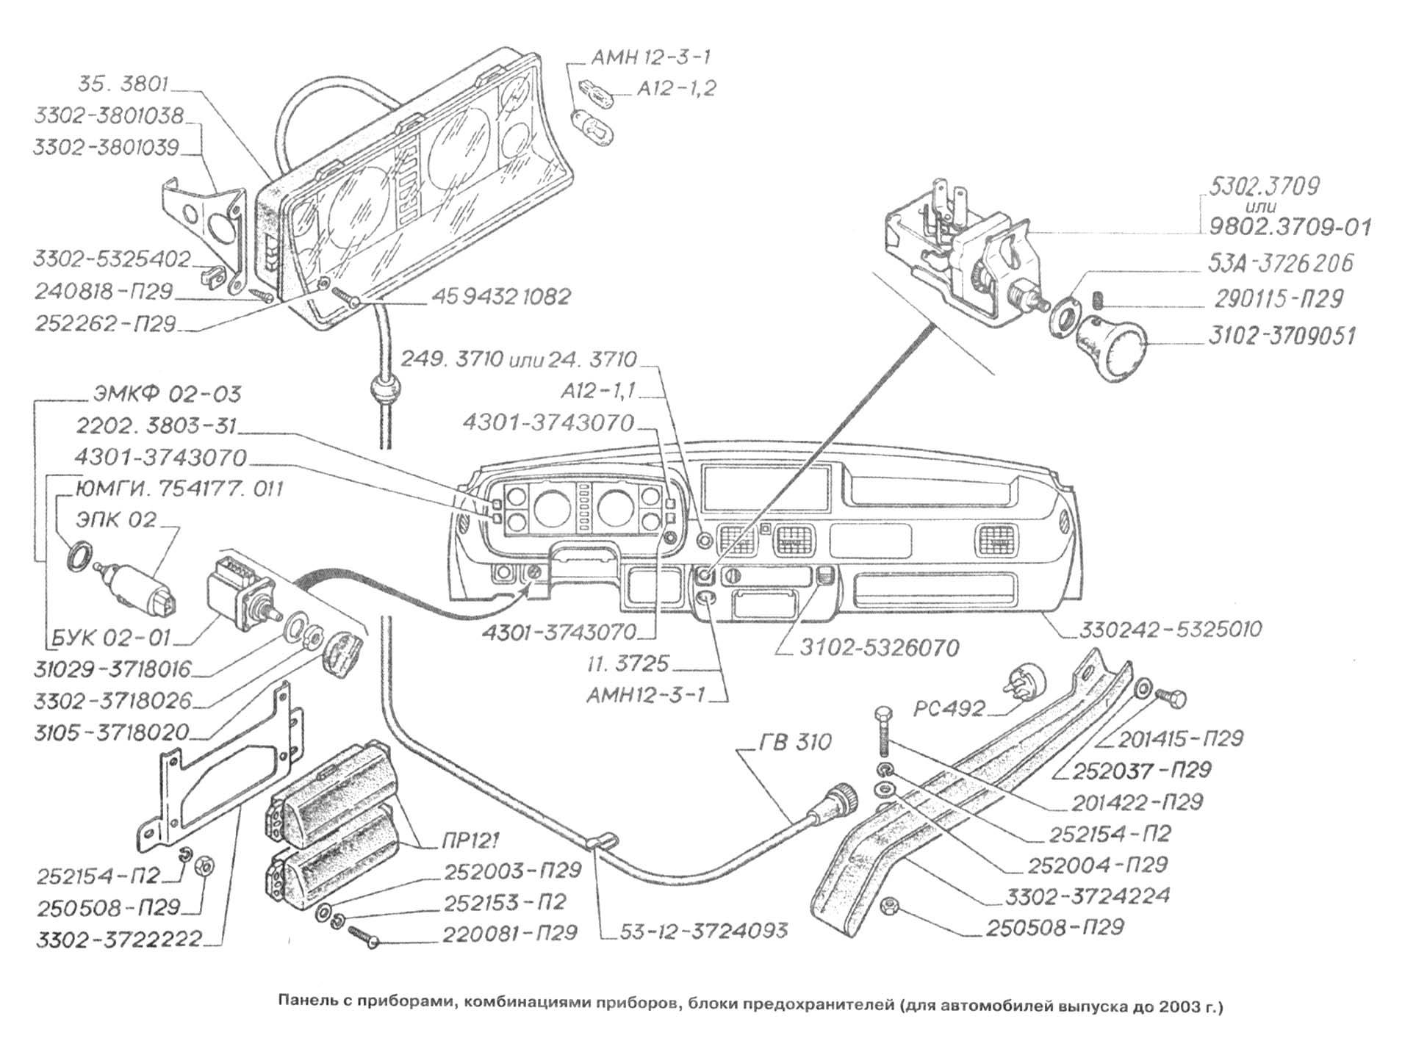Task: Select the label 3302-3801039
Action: coord(106,148)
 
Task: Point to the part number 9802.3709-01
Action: coord(1290,227)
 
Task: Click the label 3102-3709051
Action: coord(1282,336)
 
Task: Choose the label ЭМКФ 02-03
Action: coord(167,394)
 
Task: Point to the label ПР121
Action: coord(472,839)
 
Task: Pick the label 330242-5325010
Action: coord(1171,630)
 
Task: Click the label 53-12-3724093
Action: coord(705,931)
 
